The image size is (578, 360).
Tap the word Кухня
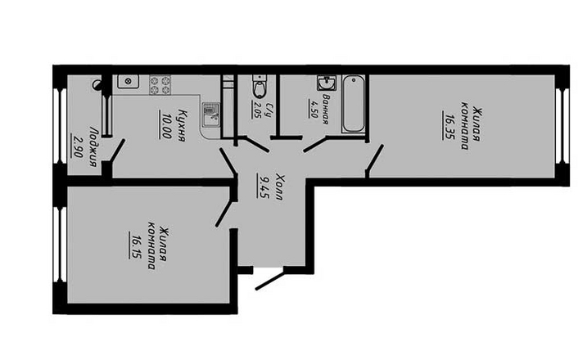tap(181, 124)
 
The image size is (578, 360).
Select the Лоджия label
tap(93, 146)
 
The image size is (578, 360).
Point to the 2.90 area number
tap(78, 146)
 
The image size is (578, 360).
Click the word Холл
tap(278, 187)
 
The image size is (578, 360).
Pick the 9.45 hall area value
tap(264, 187)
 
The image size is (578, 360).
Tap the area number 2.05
tap(256, 110)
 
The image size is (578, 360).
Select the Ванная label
tap(325, 109)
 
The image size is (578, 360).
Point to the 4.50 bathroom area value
tap(313, 108)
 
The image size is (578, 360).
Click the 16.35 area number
tap(449, 126)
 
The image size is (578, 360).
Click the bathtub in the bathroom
tap(354, 104)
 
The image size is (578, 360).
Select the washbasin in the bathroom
tap(327, 83)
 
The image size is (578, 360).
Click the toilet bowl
tap(260, 87)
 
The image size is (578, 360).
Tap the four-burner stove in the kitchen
tap(160, 85)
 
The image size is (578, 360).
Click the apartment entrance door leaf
tap(270, 280)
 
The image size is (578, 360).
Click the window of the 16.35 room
tap(562, 126)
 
